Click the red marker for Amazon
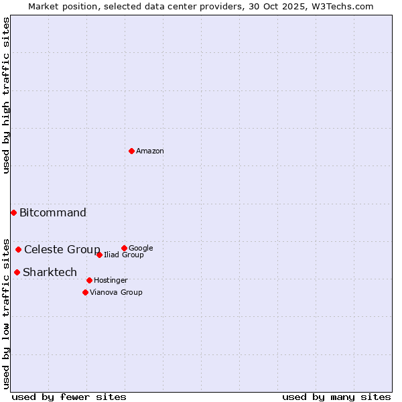pyautogui.click(x=131, y=151)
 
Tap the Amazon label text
pyautogui.click(x=150, y=151)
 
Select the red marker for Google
pyautogui.click(x=124, y=248)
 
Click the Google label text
pyautogui.click(x=141, y=249)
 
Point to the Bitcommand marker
pyautogui.click(x=13, y=212)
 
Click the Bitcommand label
pyautogui.click(x=53, y=213)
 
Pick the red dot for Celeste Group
pyautogui.click(x=18, y=249)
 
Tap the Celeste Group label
pyautogui.click(x=62, y=250)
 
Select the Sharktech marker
pyautogui.click(x=17, y=272)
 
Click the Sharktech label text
pyautogui.click(x=50, y=273)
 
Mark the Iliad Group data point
pyautogui.click(x=99, y=255)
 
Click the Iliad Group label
pyautogui.click(x=124, y=255)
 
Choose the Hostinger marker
pyautogui.click(x=89, y=280)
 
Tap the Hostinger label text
pyautogui.click(x=111, y=281)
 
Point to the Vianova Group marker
pyautogui.click(x=85, y=292)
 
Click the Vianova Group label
pyautogui.click(x=116, y=293)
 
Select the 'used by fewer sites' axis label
pyautogui.click(x=69, y=397)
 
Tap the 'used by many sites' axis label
pyautogui.click(x=336, y=397)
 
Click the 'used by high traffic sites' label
pyautogui.click(x=6, y=95)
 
